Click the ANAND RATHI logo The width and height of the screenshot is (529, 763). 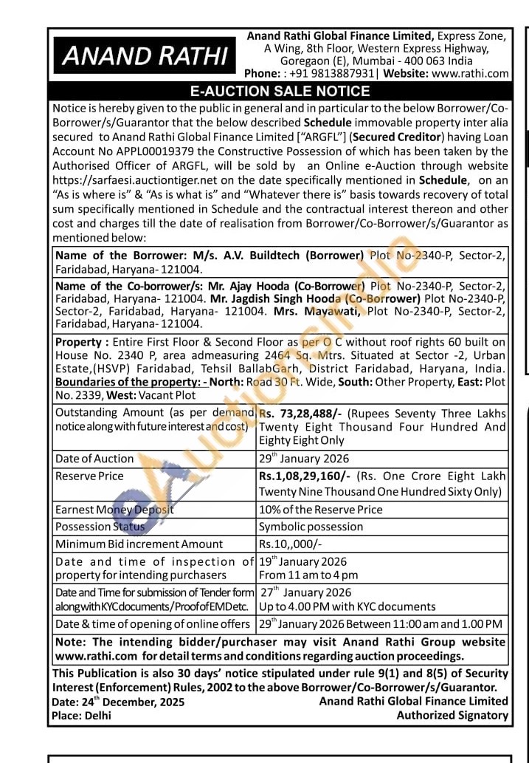coord(145,55)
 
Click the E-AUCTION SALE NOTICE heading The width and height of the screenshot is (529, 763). coord(280,92)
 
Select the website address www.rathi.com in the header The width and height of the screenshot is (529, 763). coord(470,73)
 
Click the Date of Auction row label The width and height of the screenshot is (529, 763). coord(94,459)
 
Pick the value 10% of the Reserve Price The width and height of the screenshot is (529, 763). coord(320,510)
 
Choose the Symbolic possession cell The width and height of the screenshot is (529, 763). coord(311,527)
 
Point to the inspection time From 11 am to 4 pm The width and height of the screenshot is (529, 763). coord(308,575)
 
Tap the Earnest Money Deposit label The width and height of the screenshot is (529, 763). coord(114,510)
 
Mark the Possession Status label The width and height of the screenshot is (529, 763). coord(100,527)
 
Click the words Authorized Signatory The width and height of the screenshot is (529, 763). coord(452,714)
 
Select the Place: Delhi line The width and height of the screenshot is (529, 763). coord(81,715)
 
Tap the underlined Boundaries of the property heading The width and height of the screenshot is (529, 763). coord(131,383)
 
